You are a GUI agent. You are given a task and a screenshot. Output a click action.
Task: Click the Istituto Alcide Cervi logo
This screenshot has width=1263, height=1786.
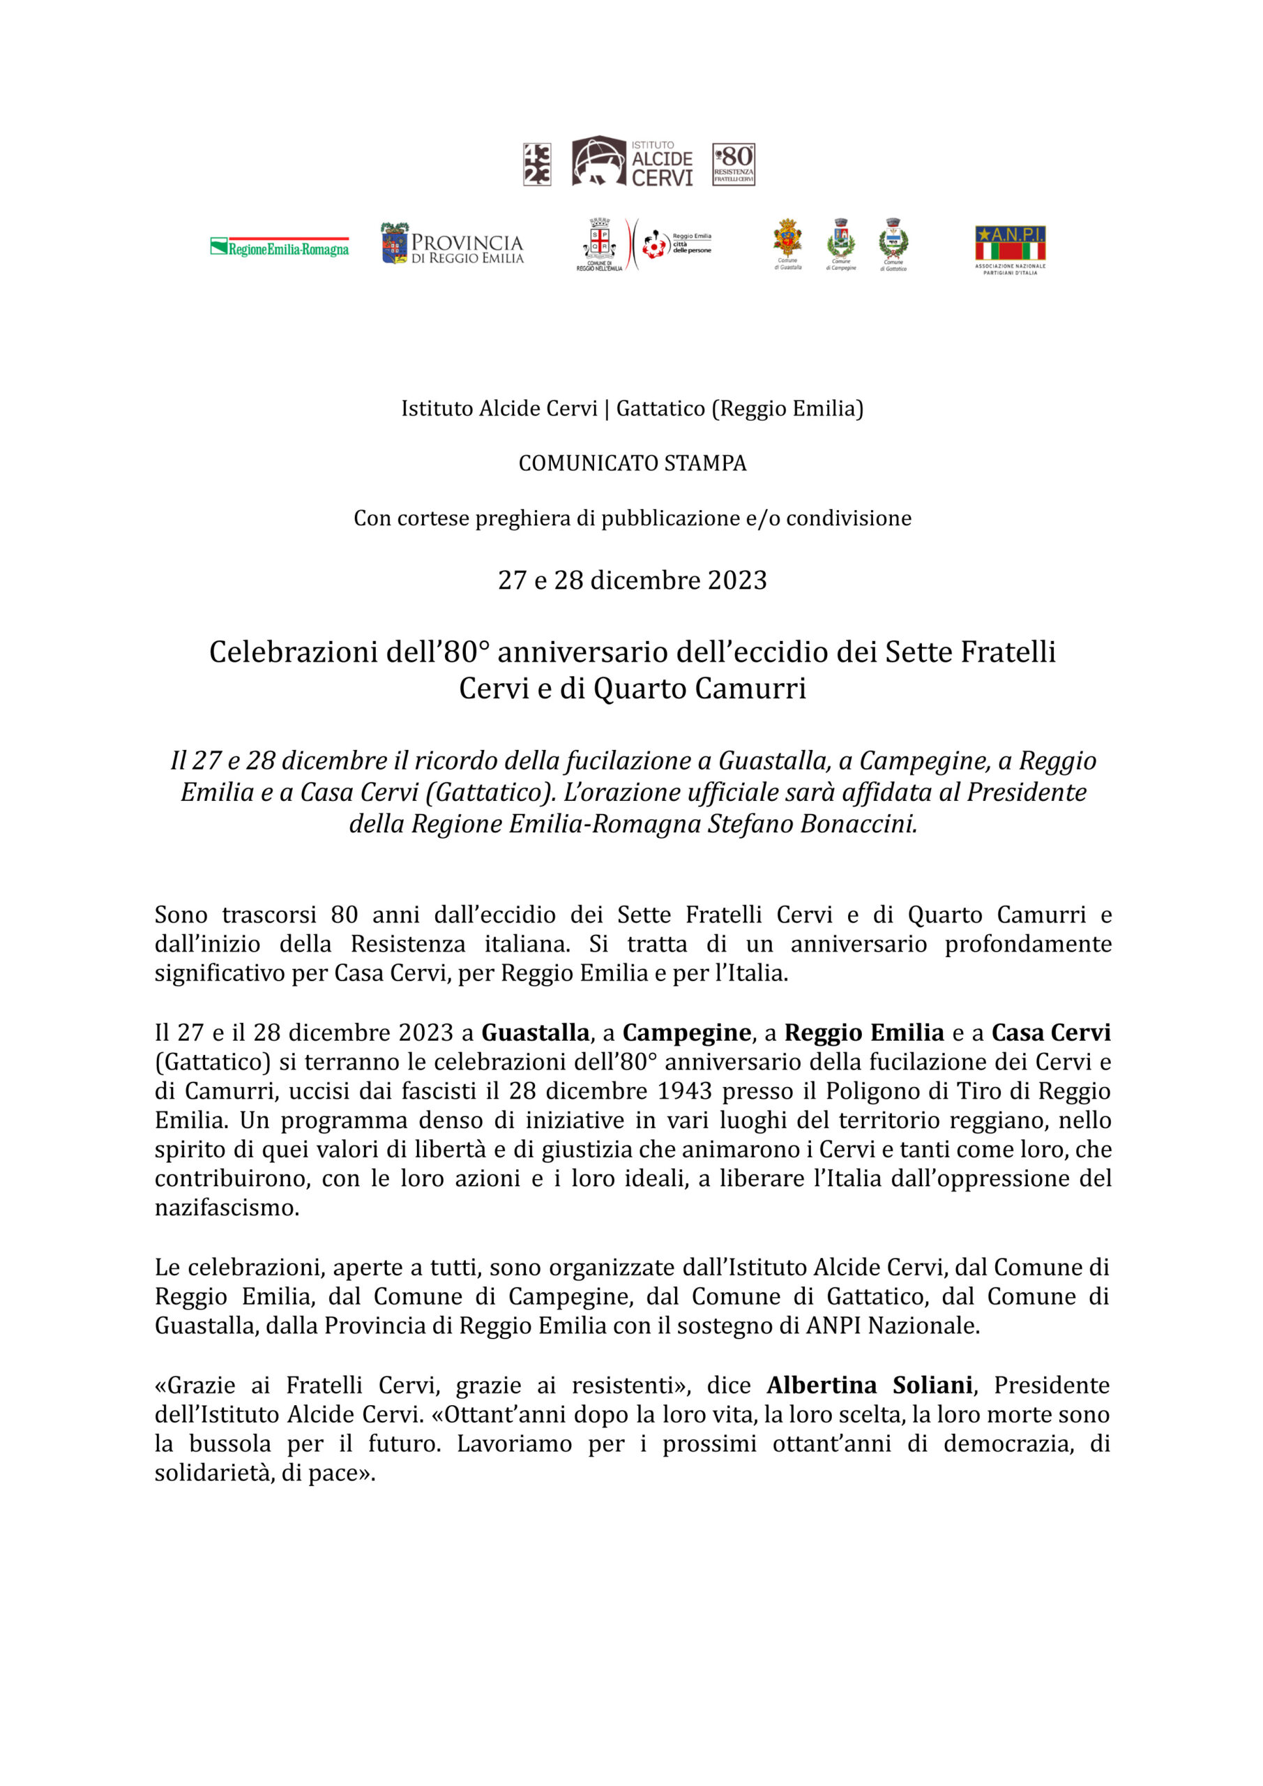[632, 162]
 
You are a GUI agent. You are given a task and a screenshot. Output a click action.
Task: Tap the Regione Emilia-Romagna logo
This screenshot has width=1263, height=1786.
[279, 248]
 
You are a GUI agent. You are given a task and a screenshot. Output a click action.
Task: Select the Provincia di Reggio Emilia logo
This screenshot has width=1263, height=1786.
[452, 244]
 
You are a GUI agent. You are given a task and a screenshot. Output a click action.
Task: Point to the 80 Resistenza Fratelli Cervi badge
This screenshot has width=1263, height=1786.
[734, 164]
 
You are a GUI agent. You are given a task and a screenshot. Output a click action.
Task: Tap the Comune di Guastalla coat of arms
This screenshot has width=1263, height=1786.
[787, 239]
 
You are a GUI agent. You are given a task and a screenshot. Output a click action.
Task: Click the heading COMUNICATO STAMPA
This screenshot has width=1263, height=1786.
[632, 464]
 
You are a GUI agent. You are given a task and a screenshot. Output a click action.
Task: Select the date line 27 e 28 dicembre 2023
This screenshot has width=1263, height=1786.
[632, 580]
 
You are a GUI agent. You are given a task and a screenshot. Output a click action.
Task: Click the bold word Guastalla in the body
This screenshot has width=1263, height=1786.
[535, 1033]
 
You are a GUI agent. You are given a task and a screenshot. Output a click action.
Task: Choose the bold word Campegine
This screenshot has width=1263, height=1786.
[686, 1033]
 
